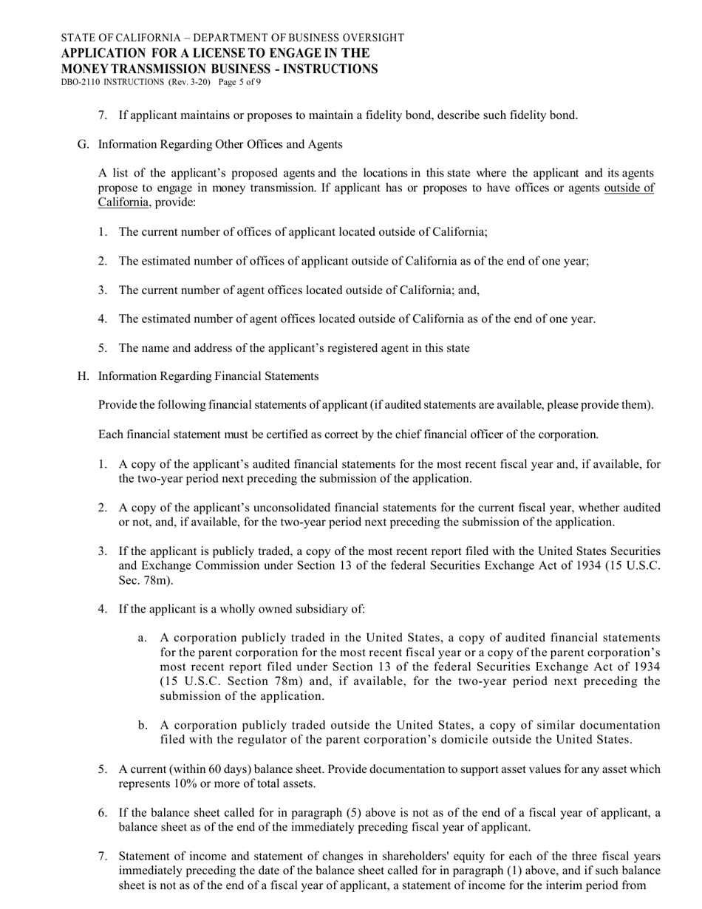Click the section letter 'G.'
[x=83, y=144]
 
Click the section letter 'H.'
[x=83, y=376]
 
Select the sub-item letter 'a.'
[x=143, y=638]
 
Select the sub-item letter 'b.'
[x=143, y=725]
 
